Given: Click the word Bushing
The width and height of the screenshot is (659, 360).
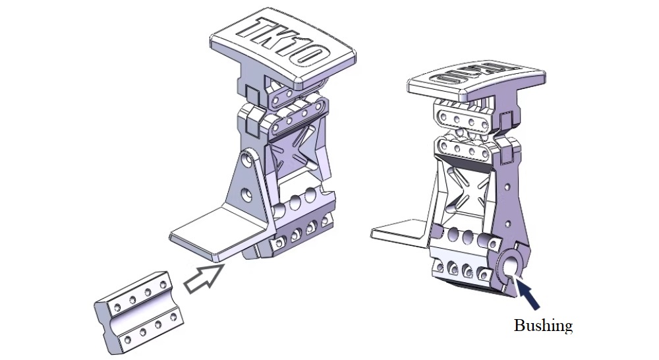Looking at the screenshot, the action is (x=543, y=326).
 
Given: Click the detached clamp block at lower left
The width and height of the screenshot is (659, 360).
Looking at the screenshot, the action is (x=138, y=312).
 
